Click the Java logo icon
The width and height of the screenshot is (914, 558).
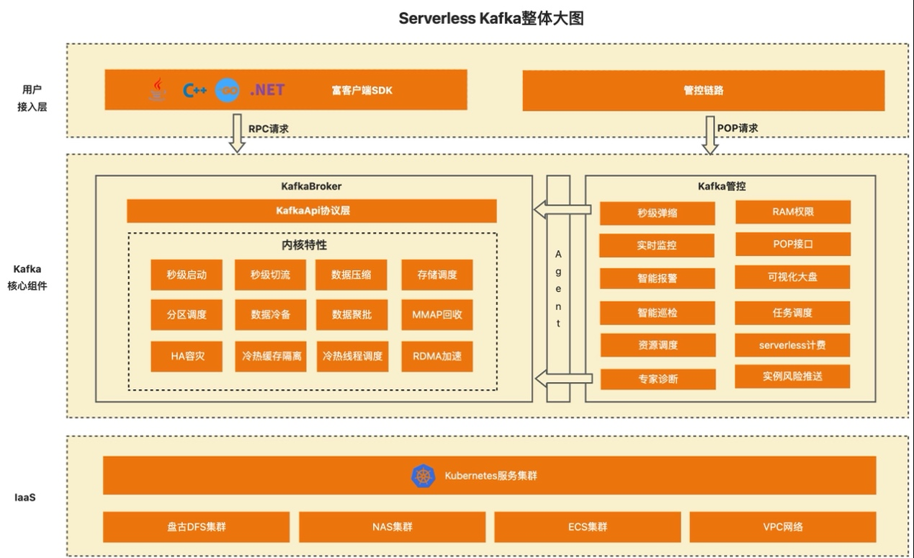tap(158, 89)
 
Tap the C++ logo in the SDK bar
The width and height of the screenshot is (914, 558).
tap(194, 90)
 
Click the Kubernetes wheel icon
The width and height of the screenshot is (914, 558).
tap(423, 476)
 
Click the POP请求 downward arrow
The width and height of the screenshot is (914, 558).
tap(710, 135)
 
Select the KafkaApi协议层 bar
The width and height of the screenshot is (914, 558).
tap(312, 211)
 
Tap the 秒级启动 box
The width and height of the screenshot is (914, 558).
tap(187, 275)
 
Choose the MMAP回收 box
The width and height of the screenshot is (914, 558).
tap(437, 314)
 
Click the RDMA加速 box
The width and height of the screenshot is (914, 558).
tap(437, 356)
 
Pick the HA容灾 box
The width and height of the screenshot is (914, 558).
tap(187, 356)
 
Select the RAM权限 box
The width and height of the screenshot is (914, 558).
tap(792, 212)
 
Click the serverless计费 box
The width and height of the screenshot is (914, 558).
tap(792, 345)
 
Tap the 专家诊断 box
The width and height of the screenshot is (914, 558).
tap(658, 378)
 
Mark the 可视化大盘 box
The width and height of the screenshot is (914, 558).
tap(792, 277)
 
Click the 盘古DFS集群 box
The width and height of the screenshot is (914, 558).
tap(196, 527)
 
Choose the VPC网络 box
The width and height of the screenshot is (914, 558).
tap(783, 527)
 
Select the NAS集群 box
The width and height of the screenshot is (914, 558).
tap(393, 527)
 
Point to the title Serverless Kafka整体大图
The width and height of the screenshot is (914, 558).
tap(490, 19)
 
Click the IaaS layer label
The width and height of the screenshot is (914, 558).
tap(25, 497)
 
